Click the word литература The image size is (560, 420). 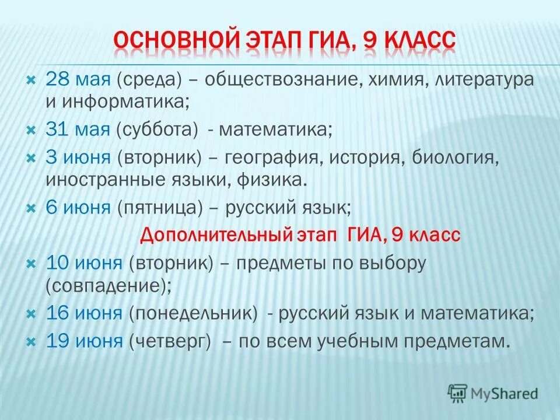(484, 79)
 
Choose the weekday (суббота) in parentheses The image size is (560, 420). (157, 129)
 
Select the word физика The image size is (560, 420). (271, 179)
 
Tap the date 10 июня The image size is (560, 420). (84, 263)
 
